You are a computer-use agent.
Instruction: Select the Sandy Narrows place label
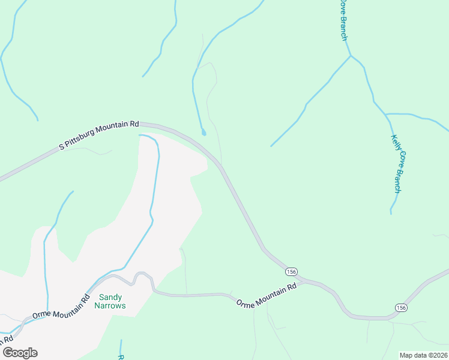coord(110,301)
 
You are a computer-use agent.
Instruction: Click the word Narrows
coord(110,305)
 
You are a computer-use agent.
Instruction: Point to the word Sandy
coord(110,297)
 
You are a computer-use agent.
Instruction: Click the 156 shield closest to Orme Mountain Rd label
coord(291,271)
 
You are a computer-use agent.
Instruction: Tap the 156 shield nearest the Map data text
coord(401,307)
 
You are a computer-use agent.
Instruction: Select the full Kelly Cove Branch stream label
coord(396,163)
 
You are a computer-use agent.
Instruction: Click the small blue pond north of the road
coord(203,131)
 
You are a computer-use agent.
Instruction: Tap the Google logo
coord(20,353)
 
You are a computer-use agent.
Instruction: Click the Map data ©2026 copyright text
coord(423,355)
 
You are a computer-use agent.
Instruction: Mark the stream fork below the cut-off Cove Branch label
coord(351,56)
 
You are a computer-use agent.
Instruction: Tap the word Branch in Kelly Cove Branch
coord(397,181)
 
